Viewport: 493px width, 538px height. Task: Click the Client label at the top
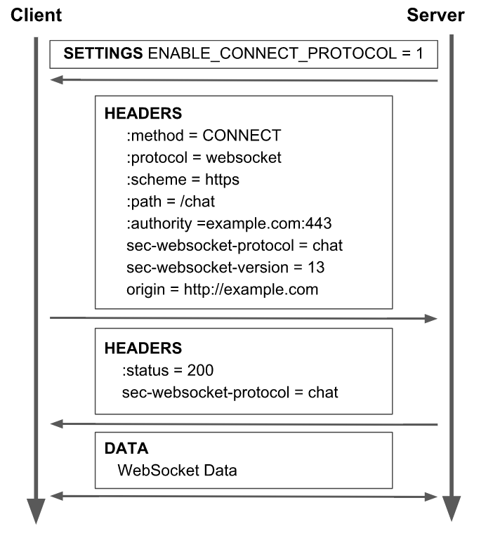[36, 15]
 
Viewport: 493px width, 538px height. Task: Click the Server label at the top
[435, 15]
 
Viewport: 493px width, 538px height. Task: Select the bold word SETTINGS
[103, 53]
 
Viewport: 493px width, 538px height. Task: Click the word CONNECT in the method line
[242, 136]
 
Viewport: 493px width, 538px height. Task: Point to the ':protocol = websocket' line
[204, 157]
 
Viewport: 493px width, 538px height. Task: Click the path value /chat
[196, 202]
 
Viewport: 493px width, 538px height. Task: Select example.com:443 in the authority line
[272, 223]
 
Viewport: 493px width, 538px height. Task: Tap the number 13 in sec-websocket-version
[316, 268]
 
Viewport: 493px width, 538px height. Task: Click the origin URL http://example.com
[251, 289]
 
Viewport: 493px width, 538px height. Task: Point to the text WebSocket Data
[177, 470]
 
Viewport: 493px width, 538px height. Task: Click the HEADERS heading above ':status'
[143, 348]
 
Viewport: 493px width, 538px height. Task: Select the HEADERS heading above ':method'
[143, 113]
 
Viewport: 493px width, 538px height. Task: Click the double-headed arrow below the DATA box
[244, 497]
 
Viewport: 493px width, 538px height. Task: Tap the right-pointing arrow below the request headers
[244, 318]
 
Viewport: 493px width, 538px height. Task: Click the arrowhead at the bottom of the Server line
[451, 507]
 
